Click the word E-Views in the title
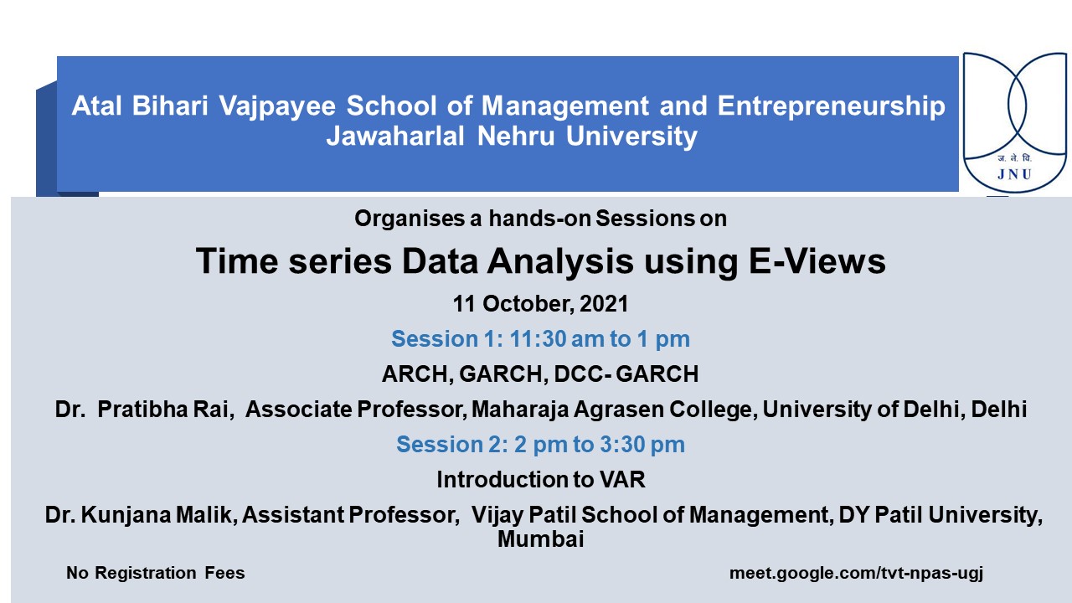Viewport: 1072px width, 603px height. [812, 262]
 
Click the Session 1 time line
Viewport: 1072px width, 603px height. [540, 339]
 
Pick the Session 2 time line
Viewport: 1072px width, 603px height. [540, 445]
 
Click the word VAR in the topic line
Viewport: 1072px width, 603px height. [622, 480]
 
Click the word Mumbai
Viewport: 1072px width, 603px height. [540, 539]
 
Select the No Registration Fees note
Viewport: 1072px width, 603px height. [156, 574]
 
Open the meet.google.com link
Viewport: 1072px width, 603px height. [856, 574]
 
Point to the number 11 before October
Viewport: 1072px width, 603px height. [465, 303]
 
